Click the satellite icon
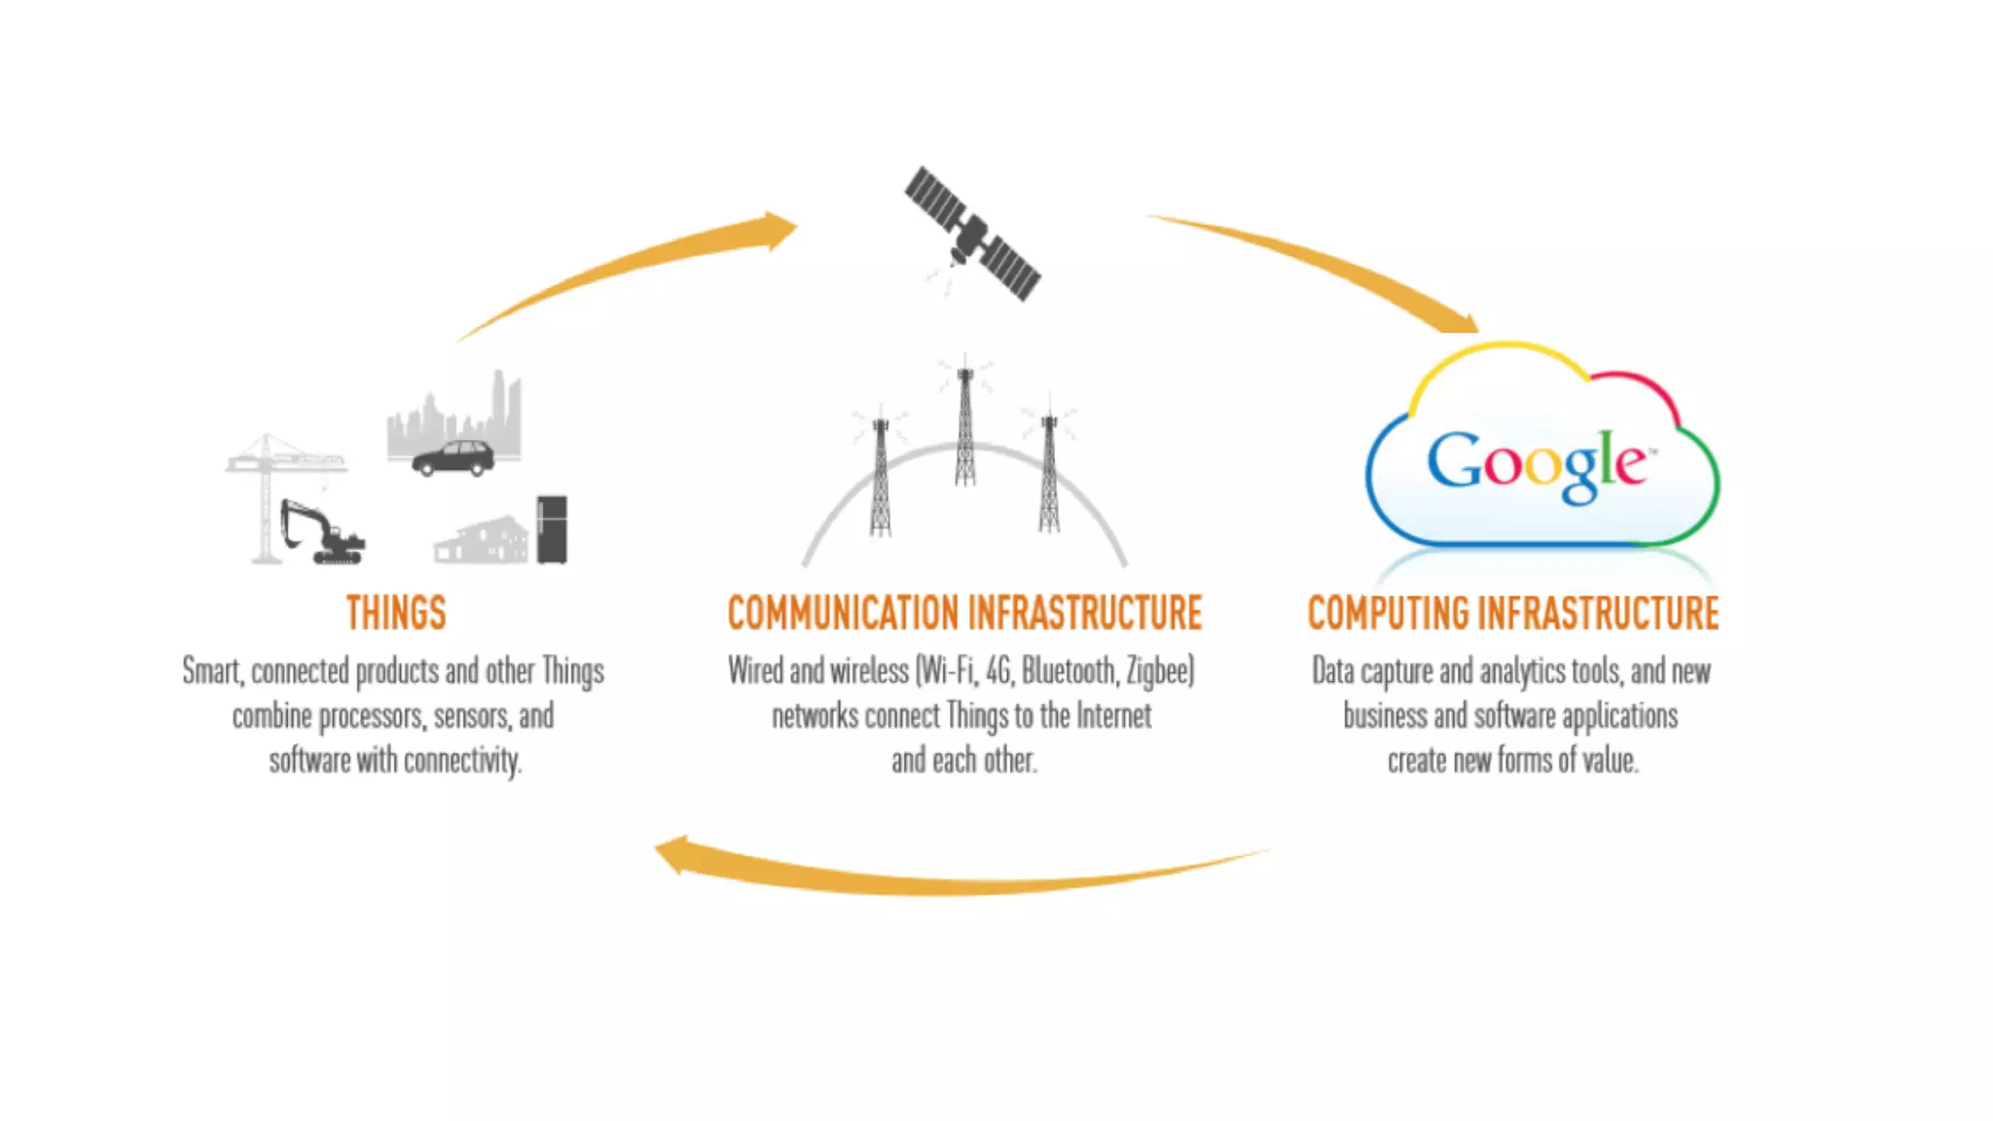pyautogui.click(x=972, y=234)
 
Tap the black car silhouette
pyautogui.click(x=453, y=457)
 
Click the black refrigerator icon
pyautogui.click(x=552, y=529)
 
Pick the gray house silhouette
pyautogui.click(x=482, y=541)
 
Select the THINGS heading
pyautogui.click(x=396, y=613)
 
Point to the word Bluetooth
pyautogui.click(x=1068, y=671)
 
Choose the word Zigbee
pyautogui.click(x=1160, y=671)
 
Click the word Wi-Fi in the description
pyautogui.click(x=946, y=671)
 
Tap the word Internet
pyautogui.click(x=1113, y=717)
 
